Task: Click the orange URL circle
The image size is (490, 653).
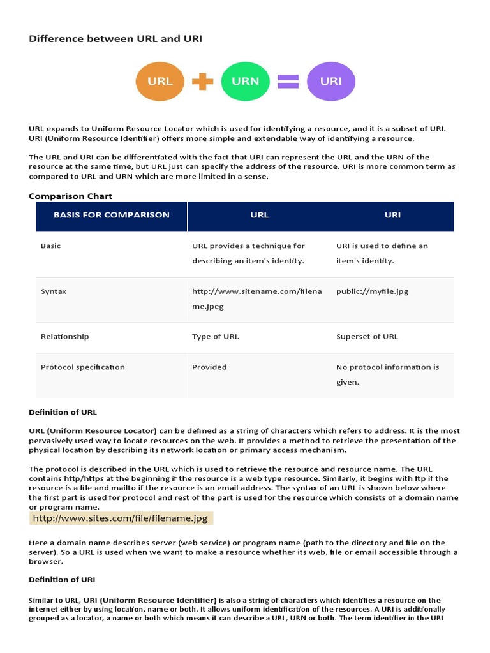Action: click(160, 81)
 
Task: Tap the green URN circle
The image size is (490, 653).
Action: click(245, 81)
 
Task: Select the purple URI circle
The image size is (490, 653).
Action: click(331, 81)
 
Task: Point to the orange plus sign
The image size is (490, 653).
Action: click(202, 81)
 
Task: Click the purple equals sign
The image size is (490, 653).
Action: click(288, 81)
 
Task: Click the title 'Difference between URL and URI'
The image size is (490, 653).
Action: click(115, 39)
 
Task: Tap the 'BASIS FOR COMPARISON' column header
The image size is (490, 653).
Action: click(112, 215)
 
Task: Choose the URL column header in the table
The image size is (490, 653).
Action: click(260, 215)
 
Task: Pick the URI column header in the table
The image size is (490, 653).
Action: click(392, 215)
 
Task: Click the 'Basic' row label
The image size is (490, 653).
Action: click(51, 246)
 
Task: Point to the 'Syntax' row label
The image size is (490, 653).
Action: click(54, 291)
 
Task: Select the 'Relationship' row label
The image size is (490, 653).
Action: click(65, 336)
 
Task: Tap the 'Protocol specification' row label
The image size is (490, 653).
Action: click(83, 367)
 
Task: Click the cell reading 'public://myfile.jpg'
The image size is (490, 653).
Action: click(372, 291)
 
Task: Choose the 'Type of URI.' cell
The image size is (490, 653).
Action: click(216, 336)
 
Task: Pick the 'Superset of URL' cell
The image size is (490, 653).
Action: click(367, 336)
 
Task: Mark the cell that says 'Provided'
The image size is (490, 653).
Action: click(209, 367)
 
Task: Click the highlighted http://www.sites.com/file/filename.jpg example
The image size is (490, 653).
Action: click(121, 518)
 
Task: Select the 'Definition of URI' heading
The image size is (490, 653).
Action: click(63, 580)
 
